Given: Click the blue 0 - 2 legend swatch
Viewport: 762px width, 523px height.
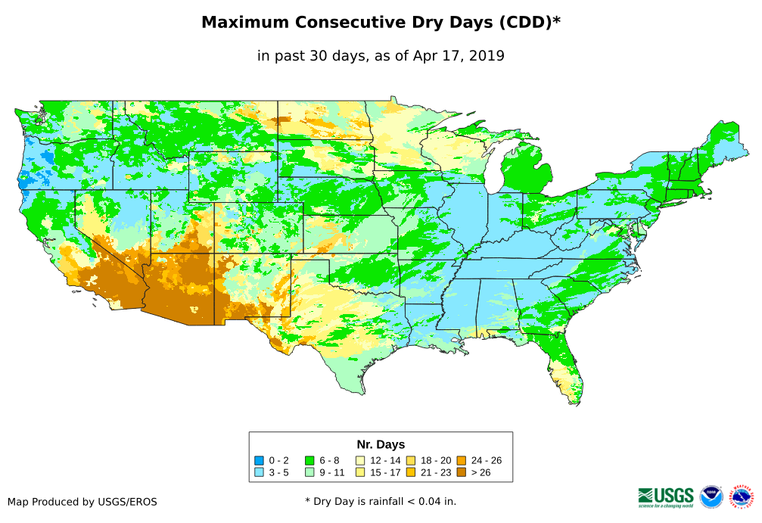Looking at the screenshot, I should pyautogui.click(x=259, y=460).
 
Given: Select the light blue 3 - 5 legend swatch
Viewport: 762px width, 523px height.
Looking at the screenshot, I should pyautogui.click(x=259, y=472).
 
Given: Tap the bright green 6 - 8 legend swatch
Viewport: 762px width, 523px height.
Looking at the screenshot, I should pyautogui.click(x=309, y=460).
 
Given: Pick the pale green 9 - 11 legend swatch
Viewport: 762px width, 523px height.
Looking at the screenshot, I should pyautogui.click(x=309, y=472).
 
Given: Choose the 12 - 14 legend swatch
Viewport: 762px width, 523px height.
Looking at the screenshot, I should pyautogui.click(x=360, y=460).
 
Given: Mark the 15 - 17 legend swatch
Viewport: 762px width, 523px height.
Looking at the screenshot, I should pyautogui.click(x=360, y=472).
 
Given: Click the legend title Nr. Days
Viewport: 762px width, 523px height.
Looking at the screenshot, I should pyautogui.click(x=381, y=444).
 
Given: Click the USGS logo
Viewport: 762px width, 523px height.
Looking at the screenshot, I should pyautogui.click(x=666, y=497).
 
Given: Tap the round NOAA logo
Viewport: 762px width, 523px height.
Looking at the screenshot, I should pyautogui.click(x=711, y=497).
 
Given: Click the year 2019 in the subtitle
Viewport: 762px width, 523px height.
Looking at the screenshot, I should pyautogui.click(x=487, y=55).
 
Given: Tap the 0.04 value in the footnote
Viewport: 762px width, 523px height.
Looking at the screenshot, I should pyautogui.click(x=422, y=501).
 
